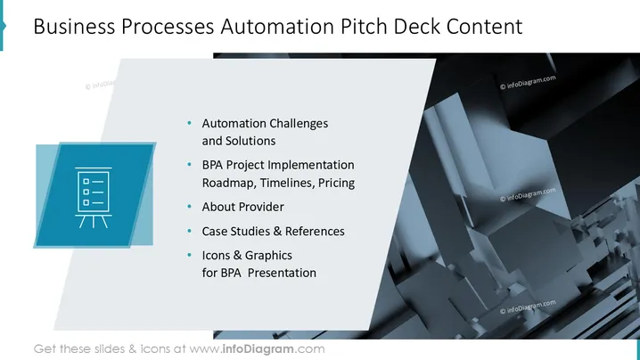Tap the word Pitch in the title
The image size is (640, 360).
click(364, 27)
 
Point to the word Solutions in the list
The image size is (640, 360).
click(250, 141)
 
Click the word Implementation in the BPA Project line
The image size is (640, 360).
click(310, 166)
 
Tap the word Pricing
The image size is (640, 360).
click(336, 183)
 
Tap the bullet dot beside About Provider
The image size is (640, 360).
click(189, 207)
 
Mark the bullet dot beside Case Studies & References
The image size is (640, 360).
click(189, 231)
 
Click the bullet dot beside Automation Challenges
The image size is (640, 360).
click(189, 123)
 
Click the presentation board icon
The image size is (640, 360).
click(94, 197)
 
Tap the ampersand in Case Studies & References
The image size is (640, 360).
click(277, 232)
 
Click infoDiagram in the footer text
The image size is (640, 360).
click(258, 349)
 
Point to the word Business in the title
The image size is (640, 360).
click(74, 27)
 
